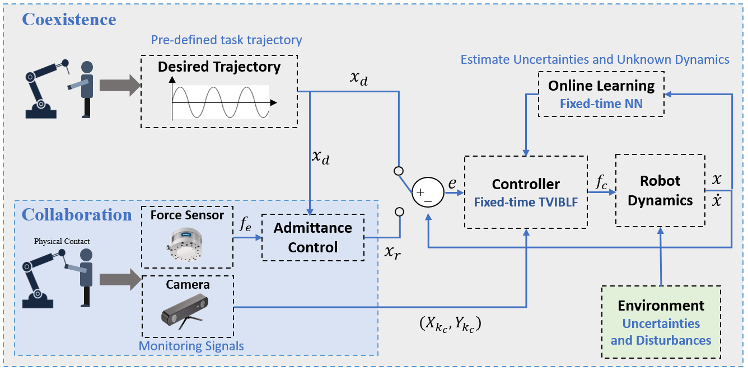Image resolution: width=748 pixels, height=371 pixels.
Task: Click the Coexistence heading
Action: click(69, 20)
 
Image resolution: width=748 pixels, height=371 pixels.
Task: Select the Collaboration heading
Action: click(77, 214)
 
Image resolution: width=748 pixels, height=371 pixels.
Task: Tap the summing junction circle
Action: click(428, 192)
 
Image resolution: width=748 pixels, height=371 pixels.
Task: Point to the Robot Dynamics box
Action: click(660, 190)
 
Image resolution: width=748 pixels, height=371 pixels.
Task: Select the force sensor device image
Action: click(185, 244)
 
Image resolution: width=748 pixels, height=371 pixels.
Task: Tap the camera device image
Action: click(185, 312)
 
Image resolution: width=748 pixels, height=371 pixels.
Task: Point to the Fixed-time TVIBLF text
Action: click(526, 202)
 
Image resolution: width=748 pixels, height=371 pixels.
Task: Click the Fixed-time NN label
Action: click(601, 104)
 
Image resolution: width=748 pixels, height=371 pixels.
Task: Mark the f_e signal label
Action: click(245, 224)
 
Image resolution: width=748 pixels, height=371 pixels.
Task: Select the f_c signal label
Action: click(601, 182)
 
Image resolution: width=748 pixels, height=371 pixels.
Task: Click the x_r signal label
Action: click(392, 252)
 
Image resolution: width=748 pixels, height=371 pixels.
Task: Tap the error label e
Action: click(452, 183)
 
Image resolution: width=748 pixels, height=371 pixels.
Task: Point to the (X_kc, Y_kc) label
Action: click(450, 323)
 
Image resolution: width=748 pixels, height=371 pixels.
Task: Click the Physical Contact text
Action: click(62, 241)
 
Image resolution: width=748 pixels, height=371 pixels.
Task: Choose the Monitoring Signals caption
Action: click(191, 346)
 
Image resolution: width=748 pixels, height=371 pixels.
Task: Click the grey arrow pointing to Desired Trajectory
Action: click(120, 86)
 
